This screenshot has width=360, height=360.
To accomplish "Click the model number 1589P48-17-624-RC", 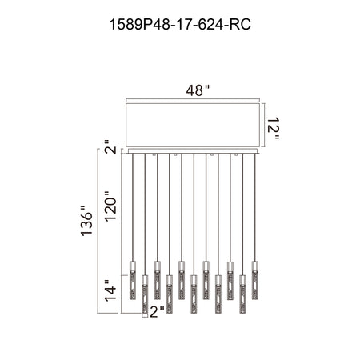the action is pyautogui.click(x=180, y=25).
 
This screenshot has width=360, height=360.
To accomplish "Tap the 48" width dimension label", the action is pyautogui.click(x=198, y=90).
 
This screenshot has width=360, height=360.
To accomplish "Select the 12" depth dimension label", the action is pyautogui.click(x=273, y=128).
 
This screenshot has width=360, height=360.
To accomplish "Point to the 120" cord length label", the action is pyautogui.click(x=111, y=206).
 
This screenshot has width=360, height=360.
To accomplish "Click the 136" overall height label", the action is pyautogui.click(x=86, y=221).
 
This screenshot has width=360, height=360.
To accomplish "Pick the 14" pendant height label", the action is pyautogui.click(x=110, y=290).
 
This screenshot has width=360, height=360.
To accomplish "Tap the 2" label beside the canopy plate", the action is pyautogui.click(x=110, y=146).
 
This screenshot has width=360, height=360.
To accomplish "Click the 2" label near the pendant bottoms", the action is pyautogui.click(x=157, y=312).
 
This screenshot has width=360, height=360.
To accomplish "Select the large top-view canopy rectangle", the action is pyautogui.click(x=193, y=125).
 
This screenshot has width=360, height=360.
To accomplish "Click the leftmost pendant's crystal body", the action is pyautogui.click(x=133, y=285).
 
